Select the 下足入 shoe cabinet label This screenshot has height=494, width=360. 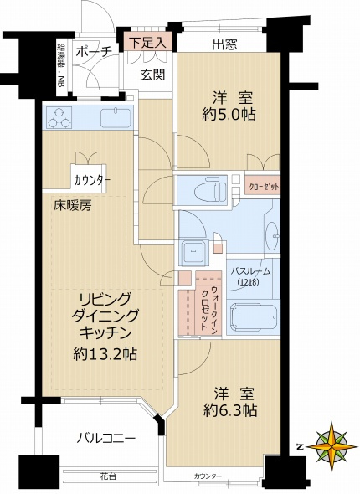click(148, 40)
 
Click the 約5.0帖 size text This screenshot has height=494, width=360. click(226, 116)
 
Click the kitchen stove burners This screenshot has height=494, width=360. click(59, 119)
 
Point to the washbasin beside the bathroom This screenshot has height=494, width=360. click(272, 236)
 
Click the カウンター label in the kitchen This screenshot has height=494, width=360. click(91, 180)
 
